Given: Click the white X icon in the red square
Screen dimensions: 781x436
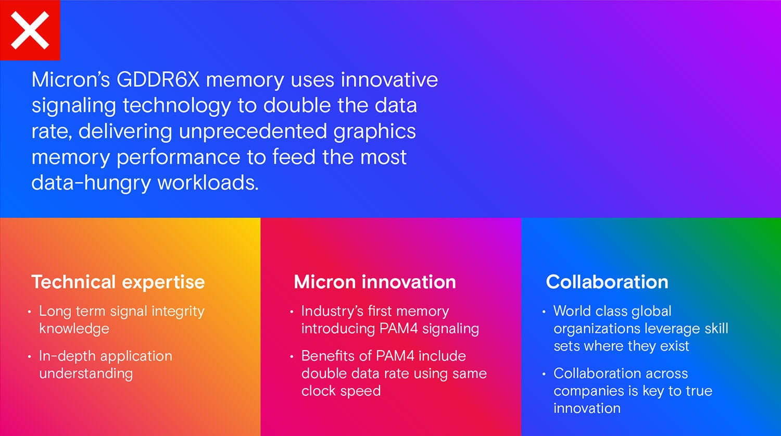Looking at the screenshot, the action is click(x=30, y=30).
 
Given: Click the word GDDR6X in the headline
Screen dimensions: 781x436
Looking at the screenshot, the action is click(x=158, y=80).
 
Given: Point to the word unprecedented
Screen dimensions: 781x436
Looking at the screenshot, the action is click(x=253, y=131).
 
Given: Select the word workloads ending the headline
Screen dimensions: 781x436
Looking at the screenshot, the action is click(x=208, y=182).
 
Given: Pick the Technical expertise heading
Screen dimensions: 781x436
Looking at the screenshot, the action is click(x=118, y=282).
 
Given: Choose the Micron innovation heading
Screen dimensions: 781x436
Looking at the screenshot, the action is click(x=375, y=282).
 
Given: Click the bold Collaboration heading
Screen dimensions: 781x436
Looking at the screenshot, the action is click(x=607, y=282).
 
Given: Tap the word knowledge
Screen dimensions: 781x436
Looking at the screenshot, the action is click(x=74, y=329).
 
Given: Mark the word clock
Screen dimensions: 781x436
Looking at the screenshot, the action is click(x=318, y=391).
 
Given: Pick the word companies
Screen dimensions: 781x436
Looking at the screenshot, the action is click(x=588, y=391).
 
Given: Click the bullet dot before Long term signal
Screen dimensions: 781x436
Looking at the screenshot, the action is click(x=29, y=312).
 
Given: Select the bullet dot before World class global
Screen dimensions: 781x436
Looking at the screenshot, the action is click(x=544, y=312).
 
